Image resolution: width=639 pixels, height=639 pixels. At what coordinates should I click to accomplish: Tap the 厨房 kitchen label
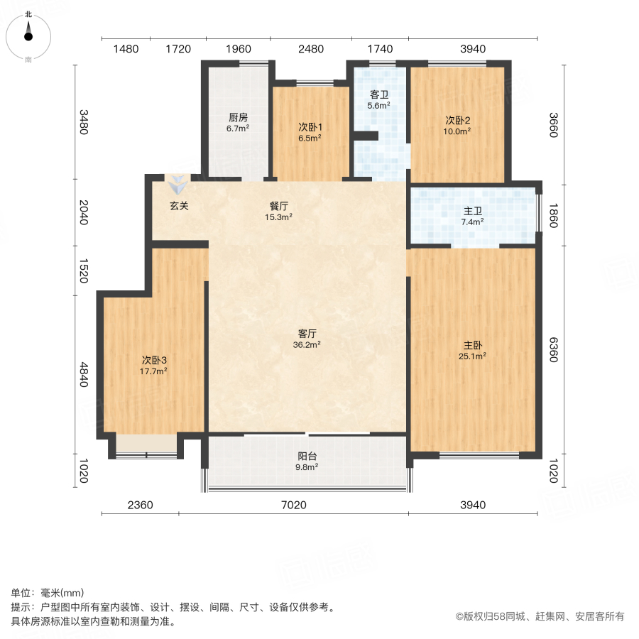click(238, 118)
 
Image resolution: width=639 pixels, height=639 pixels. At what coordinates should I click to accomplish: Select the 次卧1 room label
click(310, 128)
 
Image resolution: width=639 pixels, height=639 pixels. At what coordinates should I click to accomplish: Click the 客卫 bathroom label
click(379, 94)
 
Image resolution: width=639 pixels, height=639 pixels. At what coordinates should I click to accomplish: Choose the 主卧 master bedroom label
click(472, 345)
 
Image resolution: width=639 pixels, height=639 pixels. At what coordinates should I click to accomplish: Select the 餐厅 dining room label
click(279, 206)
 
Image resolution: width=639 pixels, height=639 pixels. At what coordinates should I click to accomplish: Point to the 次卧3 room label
click(154, 360)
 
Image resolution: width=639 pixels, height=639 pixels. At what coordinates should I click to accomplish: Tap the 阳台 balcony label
click(307, 457)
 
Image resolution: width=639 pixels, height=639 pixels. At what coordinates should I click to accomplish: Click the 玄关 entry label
click(179, 206)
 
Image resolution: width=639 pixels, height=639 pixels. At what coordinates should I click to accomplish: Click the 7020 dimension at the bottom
click(293, 506)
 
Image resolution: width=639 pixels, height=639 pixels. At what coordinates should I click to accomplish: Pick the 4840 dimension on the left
click(84, 374)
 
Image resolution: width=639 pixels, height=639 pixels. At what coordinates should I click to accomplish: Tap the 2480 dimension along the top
click(311, 49)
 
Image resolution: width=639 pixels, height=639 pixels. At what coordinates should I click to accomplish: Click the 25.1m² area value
click(472, 356)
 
